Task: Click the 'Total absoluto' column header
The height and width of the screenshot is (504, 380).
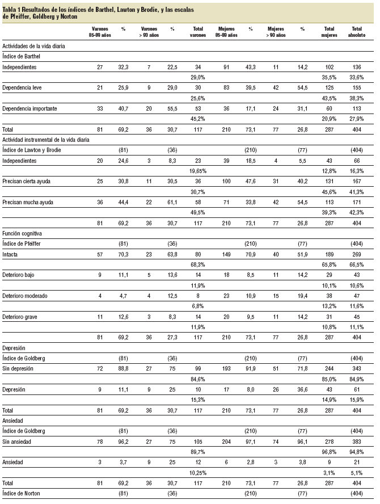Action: [x=357, y=31]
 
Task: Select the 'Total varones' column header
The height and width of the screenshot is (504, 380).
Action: [x=198, y=31]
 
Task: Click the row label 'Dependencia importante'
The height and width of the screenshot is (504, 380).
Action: [x=29, y=108]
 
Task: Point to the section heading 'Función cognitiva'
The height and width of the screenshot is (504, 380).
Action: [x=23, y=232]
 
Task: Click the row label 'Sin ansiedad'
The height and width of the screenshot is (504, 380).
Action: [x=19, y=441]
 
